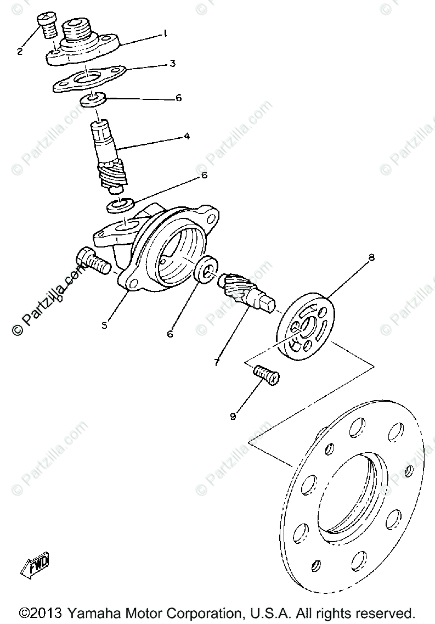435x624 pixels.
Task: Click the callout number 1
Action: tap(165, 33)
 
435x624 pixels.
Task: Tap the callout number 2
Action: tap(20, 52)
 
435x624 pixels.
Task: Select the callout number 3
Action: tap(172, 64)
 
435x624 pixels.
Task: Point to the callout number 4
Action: tap(187, 136)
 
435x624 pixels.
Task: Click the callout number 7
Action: tap(217, 363)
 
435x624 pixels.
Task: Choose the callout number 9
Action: tap(233, 417)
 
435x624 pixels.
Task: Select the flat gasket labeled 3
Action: tap(88, 80)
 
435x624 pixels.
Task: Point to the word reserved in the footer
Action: tap(388, 612)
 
